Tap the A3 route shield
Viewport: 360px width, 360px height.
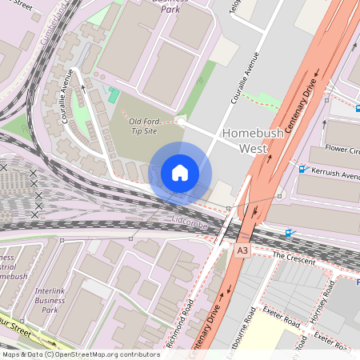click(242, 250)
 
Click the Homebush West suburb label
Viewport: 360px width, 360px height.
click(253, 140)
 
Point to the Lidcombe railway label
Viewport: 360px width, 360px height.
click(190, 218)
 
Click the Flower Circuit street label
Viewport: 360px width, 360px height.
click(342, 149)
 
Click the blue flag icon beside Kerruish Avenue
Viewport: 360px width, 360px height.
click(302, 168)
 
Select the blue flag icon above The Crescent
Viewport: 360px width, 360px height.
click(289, 233)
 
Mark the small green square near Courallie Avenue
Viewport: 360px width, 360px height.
click(114, 96)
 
